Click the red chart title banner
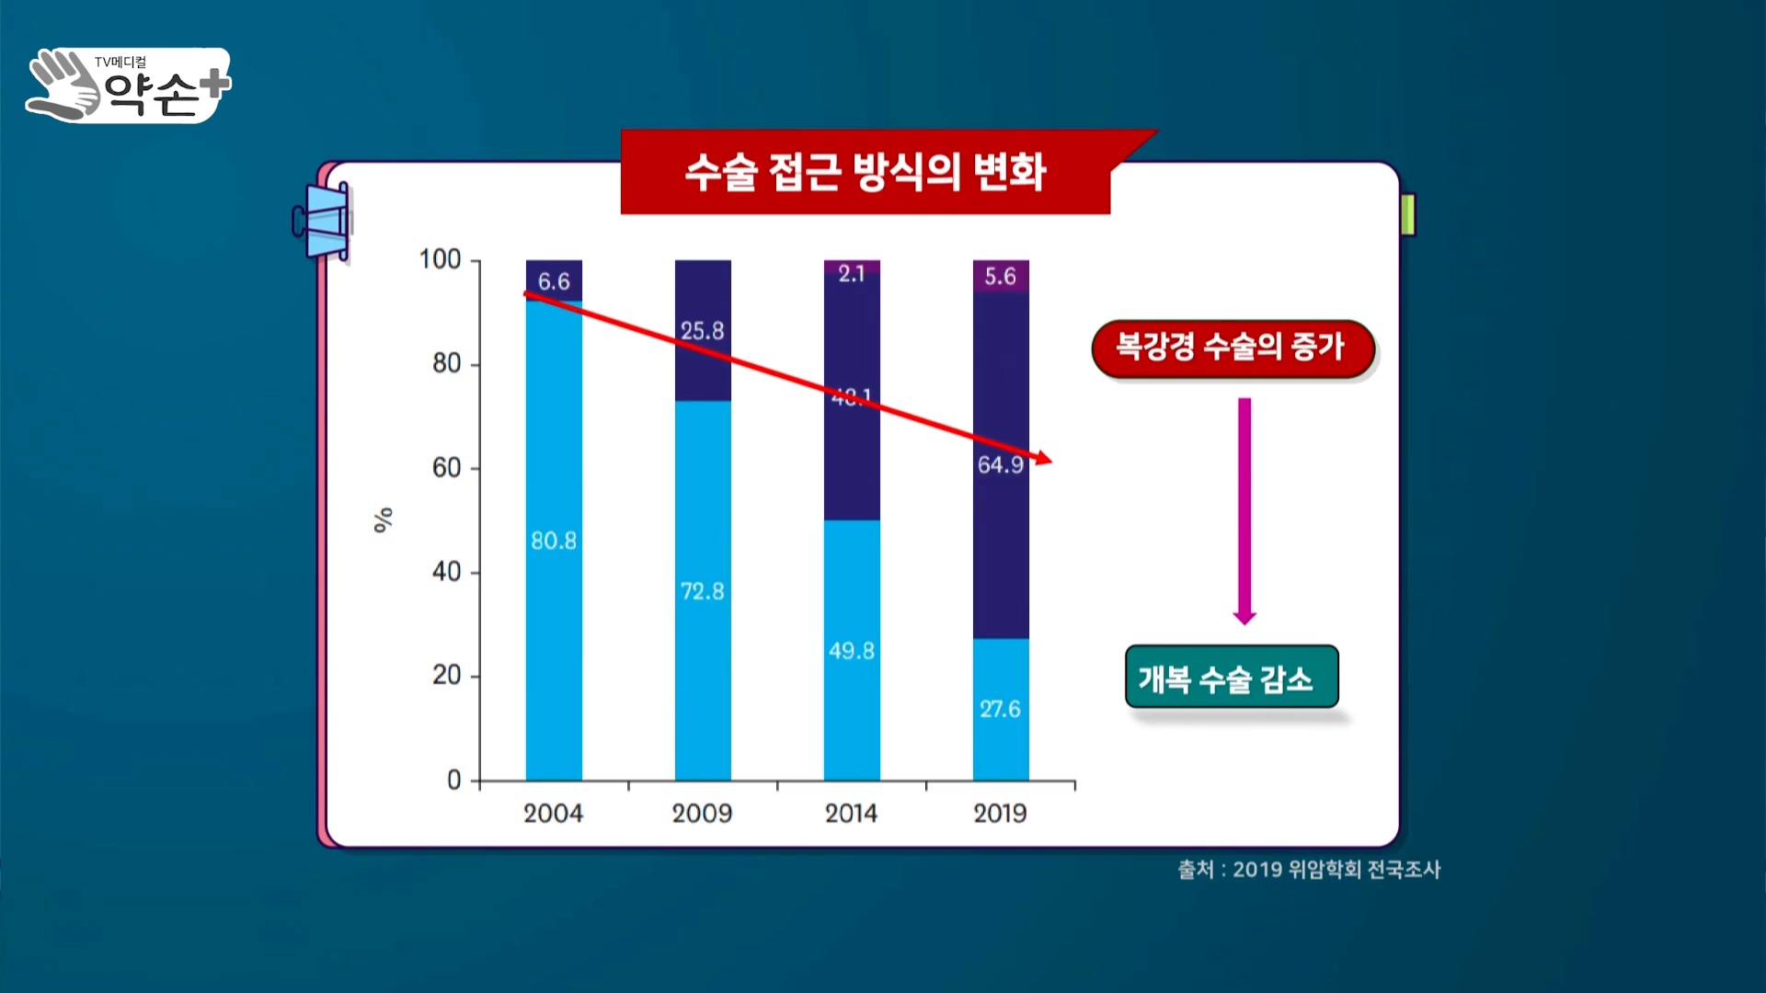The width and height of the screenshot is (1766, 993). coord(865,173)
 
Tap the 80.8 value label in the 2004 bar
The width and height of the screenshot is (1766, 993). coord(554,541)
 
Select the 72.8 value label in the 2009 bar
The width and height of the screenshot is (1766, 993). coord(703,591)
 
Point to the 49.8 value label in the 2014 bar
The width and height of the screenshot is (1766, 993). coord(852,651)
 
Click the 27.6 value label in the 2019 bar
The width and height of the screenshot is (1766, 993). coord(1000,709)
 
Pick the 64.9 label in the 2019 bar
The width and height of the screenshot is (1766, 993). coord(1000,464)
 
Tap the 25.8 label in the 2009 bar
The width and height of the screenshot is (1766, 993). coord(703,331)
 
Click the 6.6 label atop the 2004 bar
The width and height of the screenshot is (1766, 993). coord(554,281)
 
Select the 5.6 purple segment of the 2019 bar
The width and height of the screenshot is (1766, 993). coord(1001,276)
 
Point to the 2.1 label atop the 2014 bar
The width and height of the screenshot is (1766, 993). coord(852,273)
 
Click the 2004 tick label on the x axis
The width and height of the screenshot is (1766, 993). coord(553,813)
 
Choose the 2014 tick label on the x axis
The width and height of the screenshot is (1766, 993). coord(851,813)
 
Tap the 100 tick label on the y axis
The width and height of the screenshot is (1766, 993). coord(440,259)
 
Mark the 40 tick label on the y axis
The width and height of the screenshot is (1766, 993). coord(446,572)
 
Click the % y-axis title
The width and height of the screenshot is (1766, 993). coord(383,519)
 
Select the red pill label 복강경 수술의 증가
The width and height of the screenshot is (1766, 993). coord(1232,348)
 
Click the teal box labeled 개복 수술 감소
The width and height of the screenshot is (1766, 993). coord(1231,678)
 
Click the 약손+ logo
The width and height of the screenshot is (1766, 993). coord(129,86)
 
